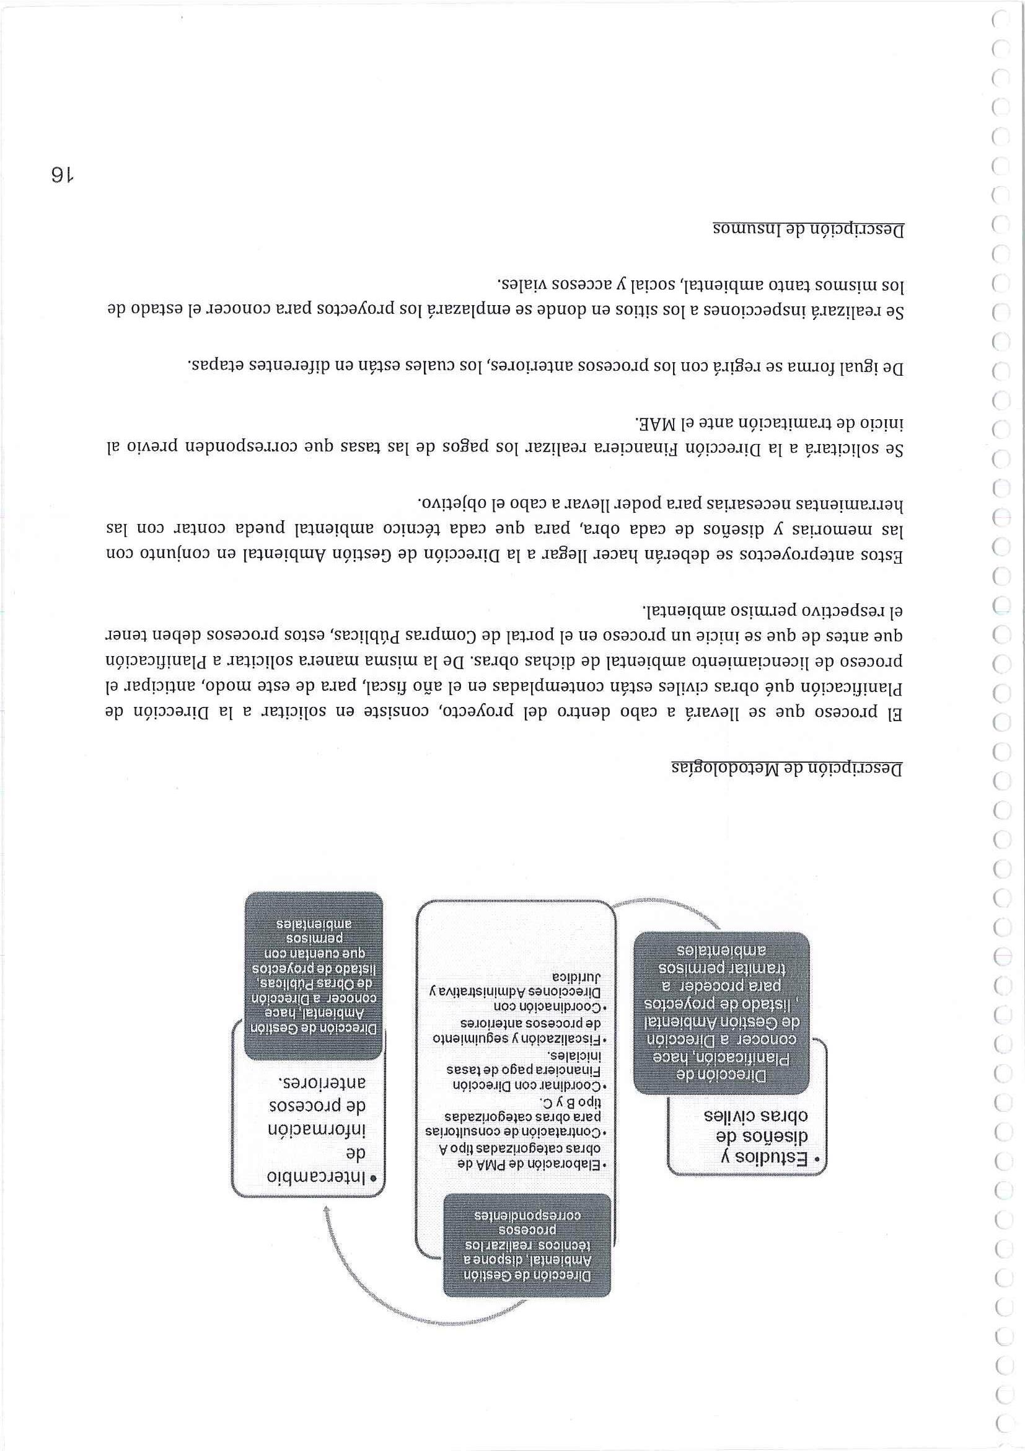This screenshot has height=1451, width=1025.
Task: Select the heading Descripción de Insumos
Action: (x=809, y=229)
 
